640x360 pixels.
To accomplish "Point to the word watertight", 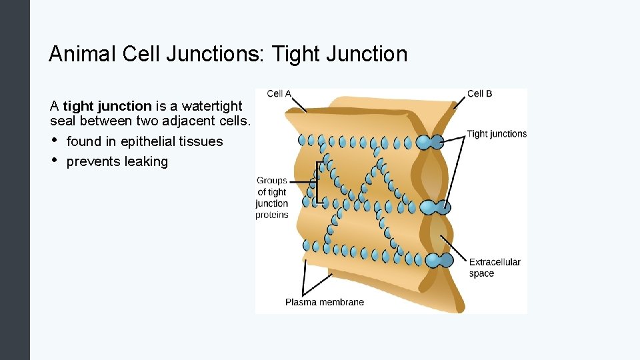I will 212,105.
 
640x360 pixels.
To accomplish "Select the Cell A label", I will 279,94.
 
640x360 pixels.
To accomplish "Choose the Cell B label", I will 479,94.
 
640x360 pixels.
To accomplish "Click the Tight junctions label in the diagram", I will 497,134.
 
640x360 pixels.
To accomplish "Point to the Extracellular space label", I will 494,267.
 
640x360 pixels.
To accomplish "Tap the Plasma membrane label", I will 325,302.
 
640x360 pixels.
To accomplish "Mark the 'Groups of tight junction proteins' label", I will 272,197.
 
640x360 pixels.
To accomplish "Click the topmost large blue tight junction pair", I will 430,142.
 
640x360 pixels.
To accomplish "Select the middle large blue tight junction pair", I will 435,207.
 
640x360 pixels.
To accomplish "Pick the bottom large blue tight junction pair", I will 434,260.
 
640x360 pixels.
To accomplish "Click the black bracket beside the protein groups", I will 319,181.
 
